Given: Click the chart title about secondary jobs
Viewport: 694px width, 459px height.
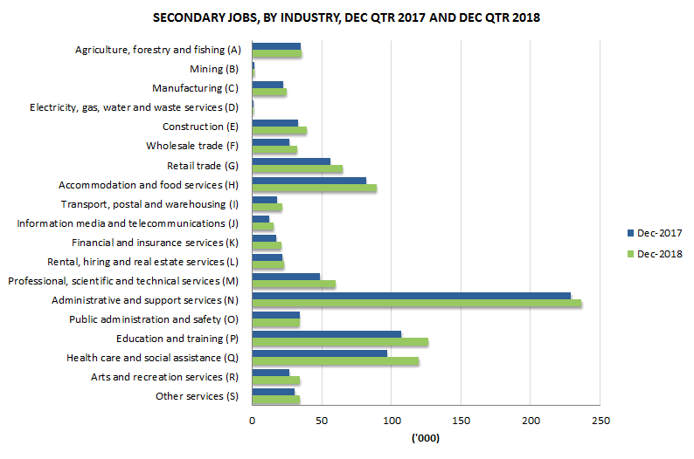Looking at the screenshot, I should pos(347,17).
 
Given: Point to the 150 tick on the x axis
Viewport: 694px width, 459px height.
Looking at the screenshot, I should pos(461,421).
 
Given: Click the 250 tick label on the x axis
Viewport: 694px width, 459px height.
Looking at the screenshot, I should pos(599,421).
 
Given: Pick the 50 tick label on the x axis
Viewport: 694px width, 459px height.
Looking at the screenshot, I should pos(322,421).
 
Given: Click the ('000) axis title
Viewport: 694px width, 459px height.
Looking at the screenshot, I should pos(426,438).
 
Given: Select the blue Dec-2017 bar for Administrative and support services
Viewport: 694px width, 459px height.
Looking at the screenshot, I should pos(411,296).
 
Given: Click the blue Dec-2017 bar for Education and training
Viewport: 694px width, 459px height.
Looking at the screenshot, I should pos(326,334).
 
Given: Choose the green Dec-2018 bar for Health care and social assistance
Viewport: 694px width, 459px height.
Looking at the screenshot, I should pos(335,361).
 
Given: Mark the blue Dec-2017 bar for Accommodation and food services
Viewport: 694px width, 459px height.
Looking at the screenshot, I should pos(309,181).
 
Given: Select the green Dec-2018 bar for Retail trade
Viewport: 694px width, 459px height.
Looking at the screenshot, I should pos(297,169).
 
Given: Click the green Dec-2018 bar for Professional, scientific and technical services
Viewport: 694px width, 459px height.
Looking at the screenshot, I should pos(293,284).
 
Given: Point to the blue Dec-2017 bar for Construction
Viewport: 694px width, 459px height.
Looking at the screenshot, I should pos(274,123).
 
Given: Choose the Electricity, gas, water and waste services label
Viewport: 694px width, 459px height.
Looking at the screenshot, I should pos(134,107).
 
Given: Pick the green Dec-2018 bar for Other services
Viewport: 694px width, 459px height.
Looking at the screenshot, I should pos(275,400).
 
